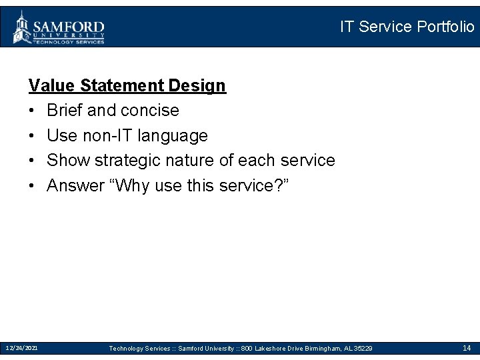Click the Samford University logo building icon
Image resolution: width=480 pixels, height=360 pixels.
(x=22, y=27)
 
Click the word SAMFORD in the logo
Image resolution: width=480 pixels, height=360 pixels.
(x=69, y=24)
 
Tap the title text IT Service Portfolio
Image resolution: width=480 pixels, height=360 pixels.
(x=407, y=27)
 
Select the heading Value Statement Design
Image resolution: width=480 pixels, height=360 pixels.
(x=127, y=85)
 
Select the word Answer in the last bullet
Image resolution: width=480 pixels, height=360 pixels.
(x=76, y=185)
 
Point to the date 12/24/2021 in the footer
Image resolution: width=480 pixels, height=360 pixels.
(x=21, y=348)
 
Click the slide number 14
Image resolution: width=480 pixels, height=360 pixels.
(x=467, y=348)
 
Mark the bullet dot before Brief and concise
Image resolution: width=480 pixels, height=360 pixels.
(x=32, y=111)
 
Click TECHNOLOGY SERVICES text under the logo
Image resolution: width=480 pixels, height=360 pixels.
(x=69, y=41)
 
